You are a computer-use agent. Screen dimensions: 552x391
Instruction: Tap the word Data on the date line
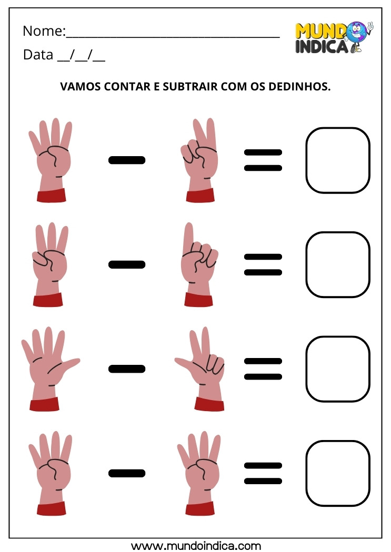(38, 55)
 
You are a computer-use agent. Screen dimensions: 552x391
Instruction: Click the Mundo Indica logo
(333, 38)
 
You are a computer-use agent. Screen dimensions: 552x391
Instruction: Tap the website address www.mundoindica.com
(196, 545)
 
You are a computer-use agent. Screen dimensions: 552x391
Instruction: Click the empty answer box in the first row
(338, 160)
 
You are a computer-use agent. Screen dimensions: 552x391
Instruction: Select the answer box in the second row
(338, 264)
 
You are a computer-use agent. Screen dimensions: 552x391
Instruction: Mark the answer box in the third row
(338, 369)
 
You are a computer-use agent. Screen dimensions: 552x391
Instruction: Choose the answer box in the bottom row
(338, 473)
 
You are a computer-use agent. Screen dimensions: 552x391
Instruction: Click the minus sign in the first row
(126, 160)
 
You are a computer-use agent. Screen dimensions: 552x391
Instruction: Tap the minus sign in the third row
(126, 369)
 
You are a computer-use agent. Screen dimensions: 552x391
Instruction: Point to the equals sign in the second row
(263, 264)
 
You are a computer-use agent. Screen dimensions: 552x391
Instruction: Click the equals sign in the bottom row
(263, 473)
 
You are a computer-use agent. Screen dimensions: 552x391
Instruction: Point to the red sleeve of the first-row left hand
(51, 195)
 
